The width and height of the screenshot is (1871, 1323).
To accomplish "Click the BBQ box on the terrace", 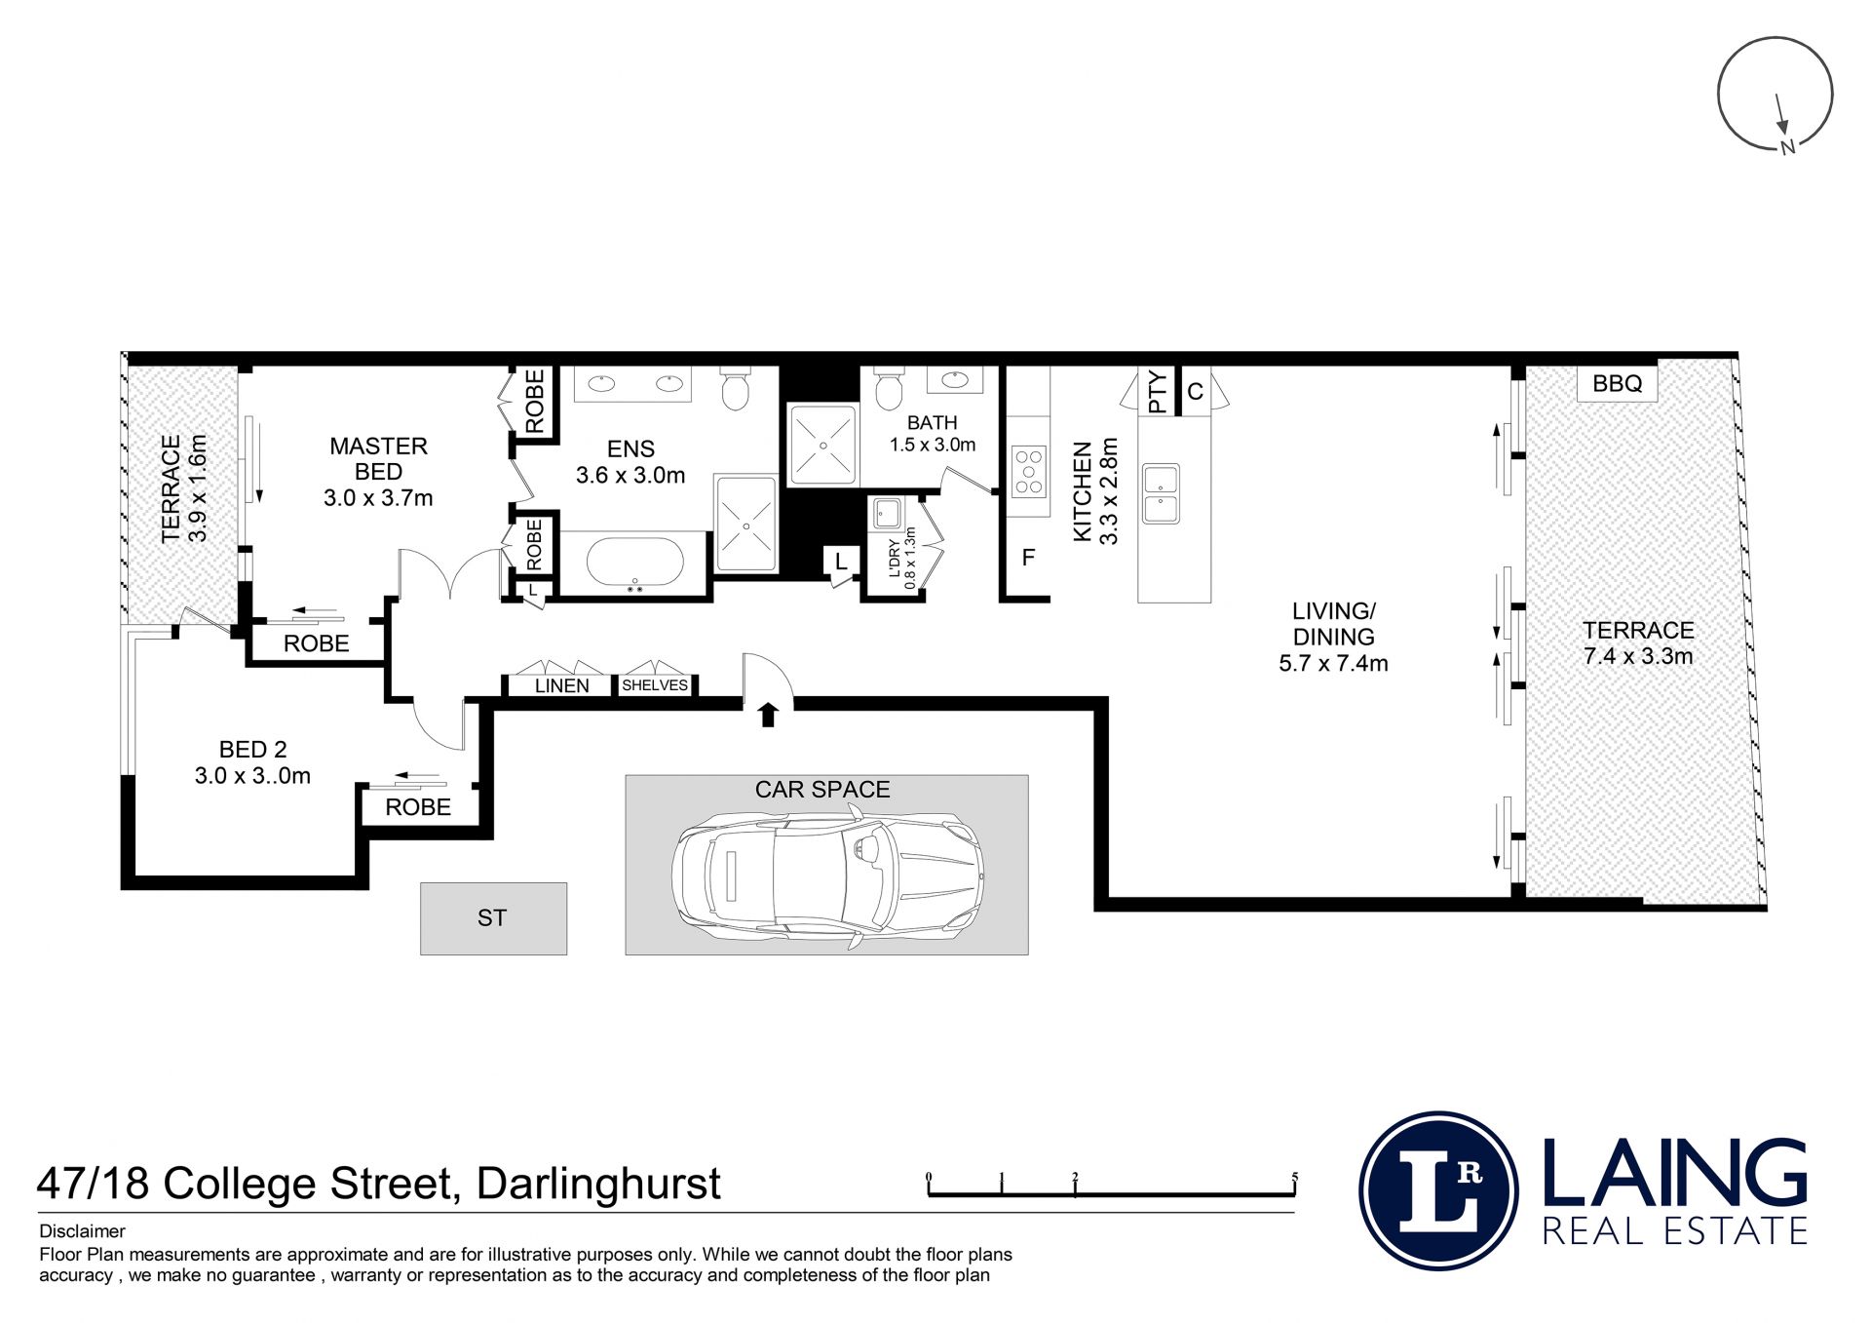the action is pos(1618,383).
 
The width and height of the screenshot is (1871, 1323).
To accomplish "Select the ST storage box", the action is pos(493,918).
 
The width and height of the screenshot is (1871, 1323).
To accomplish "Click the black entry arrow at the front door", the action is pos(768,715).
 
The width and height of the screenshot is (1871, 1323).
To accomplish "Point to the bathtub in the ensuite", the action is pos(635,563).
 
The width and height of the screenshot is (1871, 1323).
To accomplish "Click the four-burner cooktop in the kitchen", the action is pos(1029,472).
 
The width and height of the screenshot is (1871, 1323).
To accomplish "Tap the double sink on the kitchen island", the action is pos(1161,493).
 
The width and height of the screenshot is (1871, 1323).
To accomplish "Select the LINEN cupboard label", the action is pos(562,685).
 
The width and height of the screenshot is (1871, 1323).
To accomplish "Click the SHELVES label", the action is pos(655,685).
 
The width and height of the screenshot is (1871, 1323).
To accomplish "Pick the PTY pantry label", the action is pos(1157,392).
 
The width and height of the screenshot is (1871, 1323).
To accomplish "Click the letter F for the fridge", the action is pos(1028,558).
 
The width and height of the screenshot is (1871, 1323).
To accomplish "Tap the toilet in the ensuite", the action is pos(736,387).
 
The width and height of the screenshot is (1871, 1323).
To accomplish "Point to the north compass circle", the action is pos(1775,95).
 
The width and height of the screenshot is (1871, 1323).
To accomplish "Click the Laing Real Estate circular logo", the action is pos(1438,1189).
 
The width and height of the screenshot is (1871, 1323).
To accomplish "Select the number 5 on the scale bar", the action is pos(1295,1177).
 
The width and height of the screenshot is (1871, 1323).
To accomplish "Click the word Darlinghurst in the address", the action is pos(598,1185).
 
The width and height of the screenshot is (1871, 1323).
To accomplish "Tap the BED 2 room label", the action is pos(252,750).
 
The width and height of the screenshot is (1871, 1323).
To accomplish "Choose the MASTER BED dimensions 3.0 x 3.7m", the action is pos(378,498).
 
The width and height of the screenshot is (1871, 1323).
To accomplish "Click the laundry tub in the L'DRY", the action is pos(887,513).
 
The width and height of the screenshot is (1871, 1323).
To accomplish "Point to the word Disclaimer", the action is pos(82,1231).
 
